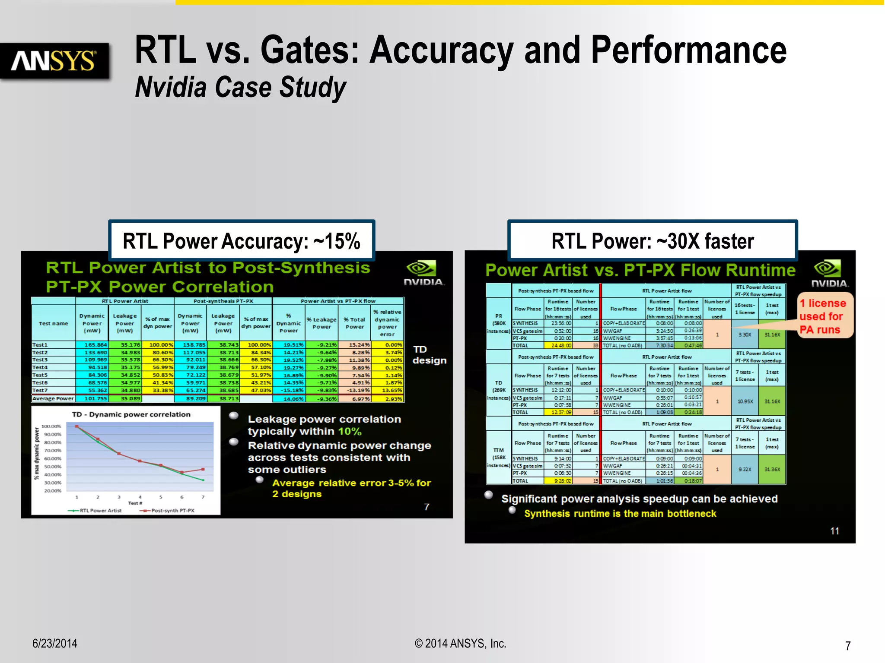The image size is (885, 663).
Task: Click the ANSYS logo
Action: pyautogui.click(x=54, y=61)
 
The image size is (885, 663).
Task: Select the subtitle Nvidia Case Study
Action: pyautogui.click(x=240, y=87)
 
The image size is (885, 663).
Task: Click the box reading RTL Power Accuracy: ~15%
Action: pyautogui.click(x=241, y=241)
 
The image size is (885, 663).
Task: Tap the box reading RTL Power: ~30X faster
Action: pyautogui.click(x=652, y=241)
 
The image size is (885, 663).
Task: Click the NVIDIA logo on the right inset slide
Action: pyautogui.click(x=829, y=274)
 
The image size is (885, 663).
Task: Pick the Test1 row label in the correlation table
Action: pyautogui.click(x=40, y=345)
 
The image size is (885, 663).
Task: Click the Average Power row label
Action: pyautogui.click(x=53, y=398)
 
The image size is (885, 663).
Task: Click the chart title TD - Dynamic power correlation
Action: pyautogui.click(x=131, y=414)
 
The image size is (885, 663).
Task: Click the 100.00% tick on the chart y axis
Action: pyautogui.click(x=51, y=426)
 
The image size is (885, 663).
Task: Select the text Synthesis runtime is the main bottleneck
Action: pyautogui.click(x=620, y=514)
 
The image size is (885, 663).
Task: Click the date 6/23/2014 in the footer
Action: pyautogui.click(x=55, y=643)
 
